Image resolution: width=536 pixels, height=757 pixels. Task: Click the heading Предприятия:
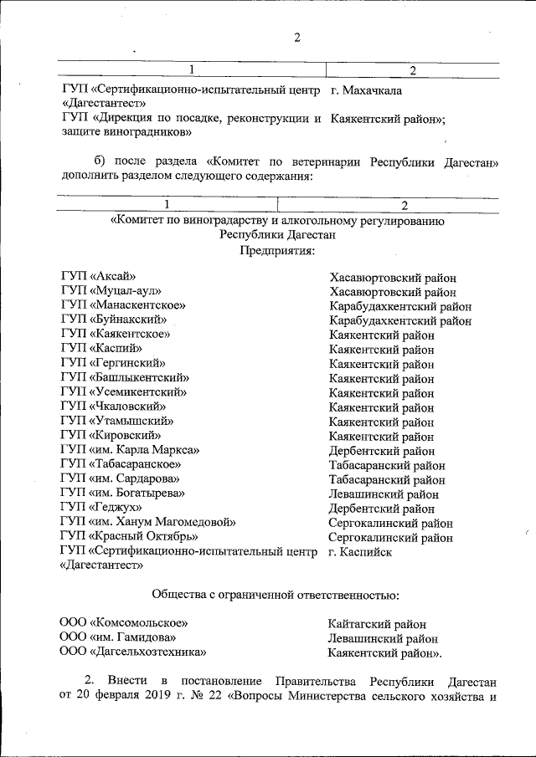click(277, 250)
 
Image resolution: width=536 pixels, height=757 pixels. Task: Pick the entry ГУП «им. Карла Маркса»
click(129, 450)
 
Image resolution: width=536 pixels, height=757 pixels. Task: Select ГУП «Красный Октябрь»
click(130, 536)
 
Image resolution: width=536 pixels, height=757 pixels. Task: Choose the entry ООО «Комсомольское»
click(124, 623)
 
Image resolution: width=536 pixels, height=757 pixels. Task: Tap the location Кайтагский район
click(378, 623)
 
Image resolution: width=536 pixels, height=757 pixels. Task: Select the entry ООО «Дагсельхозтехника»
click(133, 652)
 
